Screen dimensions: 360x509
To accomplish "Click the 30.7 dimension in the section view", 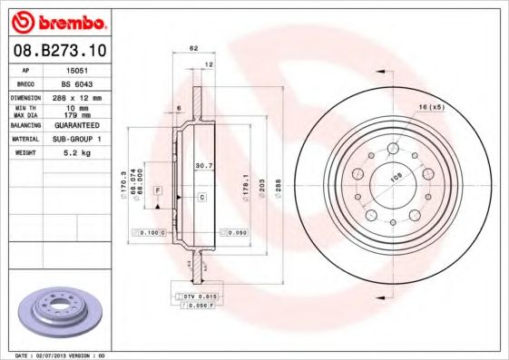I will point(204,165).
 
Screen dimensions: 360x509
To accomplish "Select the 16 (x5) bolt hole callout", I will point(430,107).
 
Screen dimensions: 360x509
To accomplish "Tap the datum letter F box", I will point(157,190).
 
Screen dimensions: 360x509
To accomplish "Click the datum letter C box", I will point(202,196).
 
